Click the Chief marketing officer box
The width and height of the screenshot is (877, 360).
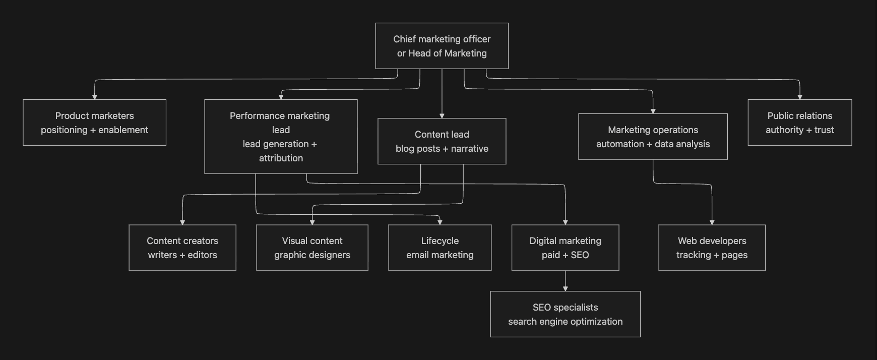(x=442, y=46)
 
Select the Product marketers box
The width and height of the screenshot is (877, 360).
(x=94, y=123)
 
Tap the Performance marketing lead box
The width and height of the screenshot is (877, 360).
(x=281, y=137)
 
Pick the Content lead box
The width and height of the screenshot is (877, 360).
(x=442, y=141)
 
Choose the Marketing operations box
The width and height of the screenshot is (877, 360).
(x=653, y=137)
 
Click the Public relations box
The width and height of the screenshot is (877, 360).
(x=799, y=123)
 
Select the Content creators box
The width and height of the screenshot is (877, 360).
(x=182, y=248)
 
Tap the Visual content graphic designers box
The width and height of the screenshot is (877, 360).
(x=312, y=248)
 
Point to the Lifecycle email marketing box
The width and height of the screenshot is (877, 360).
(x=440, y=248)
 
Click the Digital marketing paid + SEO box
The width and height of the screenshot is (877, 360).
(x=565, y=248)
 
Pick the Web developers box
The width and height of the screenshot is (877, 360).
(x=712, y=248)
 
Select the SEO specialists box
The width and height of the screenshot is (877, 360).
(x=565, y=314)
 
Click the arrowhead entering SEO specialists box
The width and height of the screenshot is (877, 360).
(x=566, y=288)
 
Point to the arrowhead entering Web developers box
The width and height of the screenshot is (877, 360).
(x=712, y=222)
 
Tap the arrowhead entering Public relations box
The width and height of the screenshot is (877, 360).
(x=800, y=97)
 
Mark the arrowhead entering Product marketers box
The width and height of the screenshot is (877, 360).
(x=94, y=97)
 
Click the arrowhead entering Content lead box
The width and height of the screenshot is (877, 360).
(x=442, y=115)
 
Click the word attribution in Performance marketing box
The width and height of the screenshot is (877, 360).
(x=281, y=158)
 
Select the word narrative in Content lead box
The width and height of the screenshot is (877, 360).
(x=469, y=148)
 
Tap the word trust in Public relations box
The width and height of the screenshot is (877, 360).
(x=824, y=130)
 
